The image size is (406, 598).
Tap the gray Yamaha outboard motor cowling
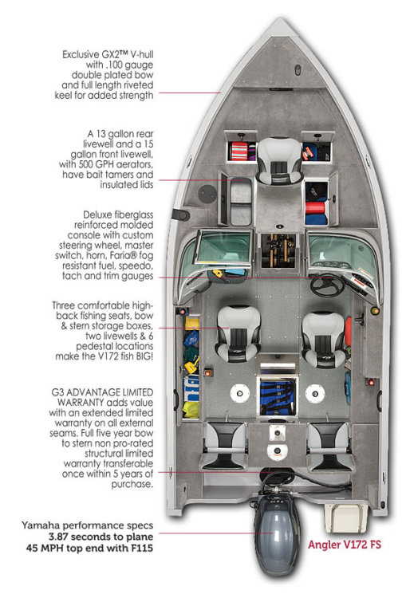[x=277, y=535]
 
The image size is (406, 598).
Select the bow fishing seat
[x=280, y=161]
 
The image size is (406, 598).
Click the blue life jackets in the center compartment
[x=278, y=396]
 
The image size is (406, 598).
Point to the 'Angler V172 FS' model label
[x=345, y=545]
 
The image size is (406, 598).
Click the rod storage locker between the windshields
[x=278, y=250]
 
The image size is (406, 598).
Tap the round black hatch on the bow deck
[x=207, y=194]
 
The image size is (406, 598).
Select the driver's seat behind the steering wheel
[x=324, y=340]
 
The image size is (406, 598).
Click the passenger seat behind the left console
[x=238, y=334]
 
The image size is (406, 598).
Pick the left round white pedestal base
[x=239, y=393]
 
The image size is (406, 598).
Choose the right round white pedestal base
[x=315, y=393]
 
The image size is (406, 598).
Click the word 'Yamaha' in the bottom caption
[x=39, y=525]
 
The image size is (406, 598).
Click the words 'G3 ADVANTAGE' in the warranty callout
[x=80, y=392]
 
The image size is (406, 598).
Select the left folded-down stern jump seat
[x=223, y=445]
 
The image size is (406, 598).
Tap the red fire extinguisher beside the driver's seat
[x=348, y=332]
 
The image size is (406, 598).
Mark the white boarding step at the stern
[x=346, y=518]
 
